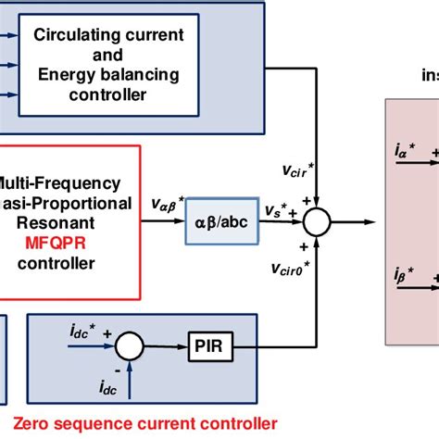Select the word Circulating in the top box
(75, 36)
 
